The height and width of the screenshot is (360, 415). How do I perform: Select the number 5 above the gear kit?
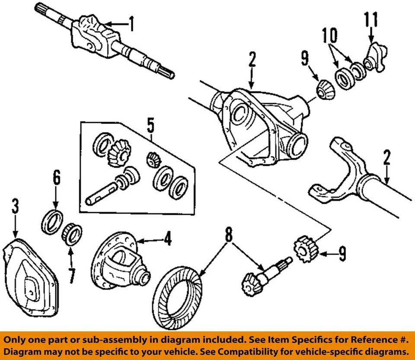click(x=150, y=126)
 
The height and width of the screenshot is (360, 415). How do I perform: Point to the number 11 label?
click(x=370, y=19)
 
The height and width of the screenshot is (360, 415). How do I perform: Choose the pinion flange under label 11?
click(x=372, y=58)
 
